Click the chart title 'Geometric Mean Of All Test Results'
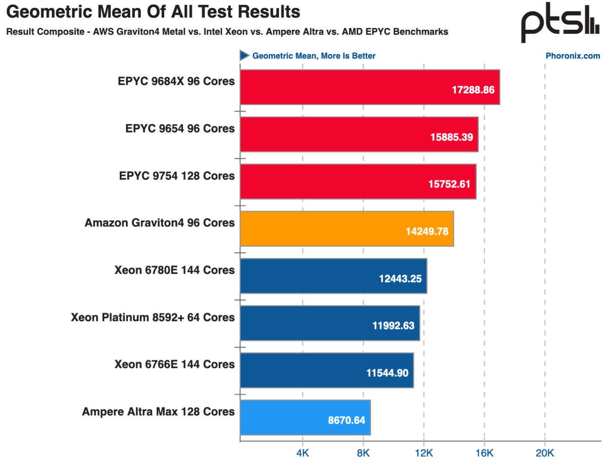pyautogui.click(x=153, y=12)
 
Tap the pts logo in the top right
pyautogui.click(x=560, y=23)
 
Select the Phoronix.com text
pyautogui.click(x=572, y=56)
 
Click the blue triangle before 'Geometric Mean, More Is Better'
pyautogui.click(x=244, y=55)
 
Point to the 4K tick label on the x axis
pyautogui.click(x=303, y=453)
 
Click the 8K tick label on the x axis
pyautogui.click(x=363, y=453)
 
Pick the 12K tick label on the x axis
pyautogui.click(x=424, y=453)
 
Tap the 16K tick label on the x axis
pyautogui.click(x=484, y=453)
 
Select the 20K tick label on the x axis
pyautogui.click(x=545, y=453)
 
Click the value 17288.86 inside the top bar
pyautogui.click(x=473, y=90)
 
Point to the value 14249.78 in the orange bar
pyautogui.click(x=427, y=231)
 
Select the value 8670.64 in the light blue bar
pyautogui.click(x=347, y=420)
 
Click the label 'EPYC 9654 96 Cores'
pyautogui.click(x=180, y=129)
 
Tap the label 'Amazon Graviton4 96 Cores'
pyautogui.click(x=160, y=223)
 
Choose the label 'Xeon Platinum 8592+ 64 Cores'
pyautogui.click(x=153, y=317)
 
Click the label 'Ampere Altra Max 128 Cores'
pyautogui.click(x=158, y=411)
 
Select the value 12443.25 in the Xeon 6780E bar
pyautogui.click(x=400, y=279)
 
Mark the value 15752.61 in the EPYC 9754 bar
pyautogui.click(x=449, y=184)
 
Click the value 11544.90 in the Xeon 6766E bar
pyautogui.click(x=387, y=373)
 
